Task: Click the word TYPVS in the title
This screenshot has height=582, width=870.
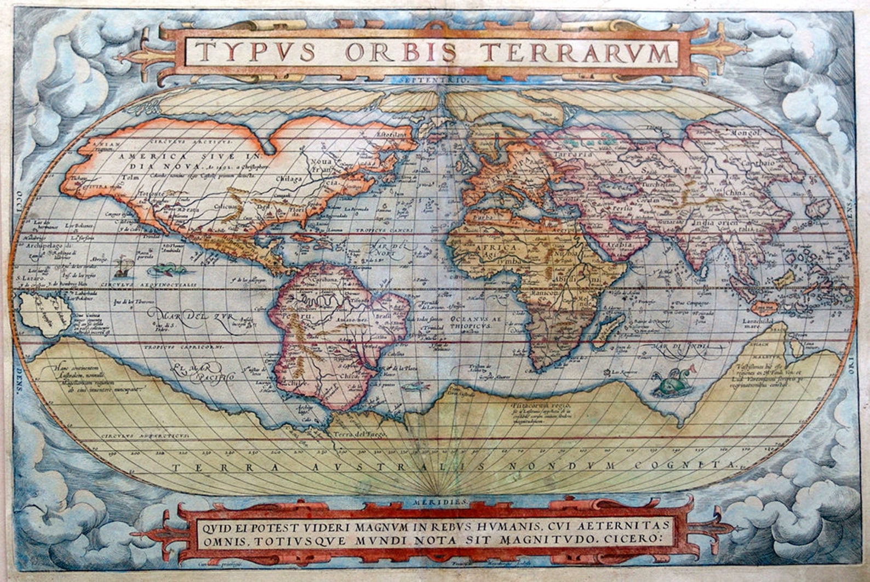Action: coord(256,52)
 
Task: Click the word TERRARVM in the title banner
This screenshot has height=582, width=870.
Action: coord(575,53)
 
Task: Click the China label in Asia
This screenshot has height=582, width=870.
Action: coord(732,192)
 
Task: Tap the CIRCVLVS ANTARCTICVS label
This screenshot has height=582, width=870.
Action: coord(146,435)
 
